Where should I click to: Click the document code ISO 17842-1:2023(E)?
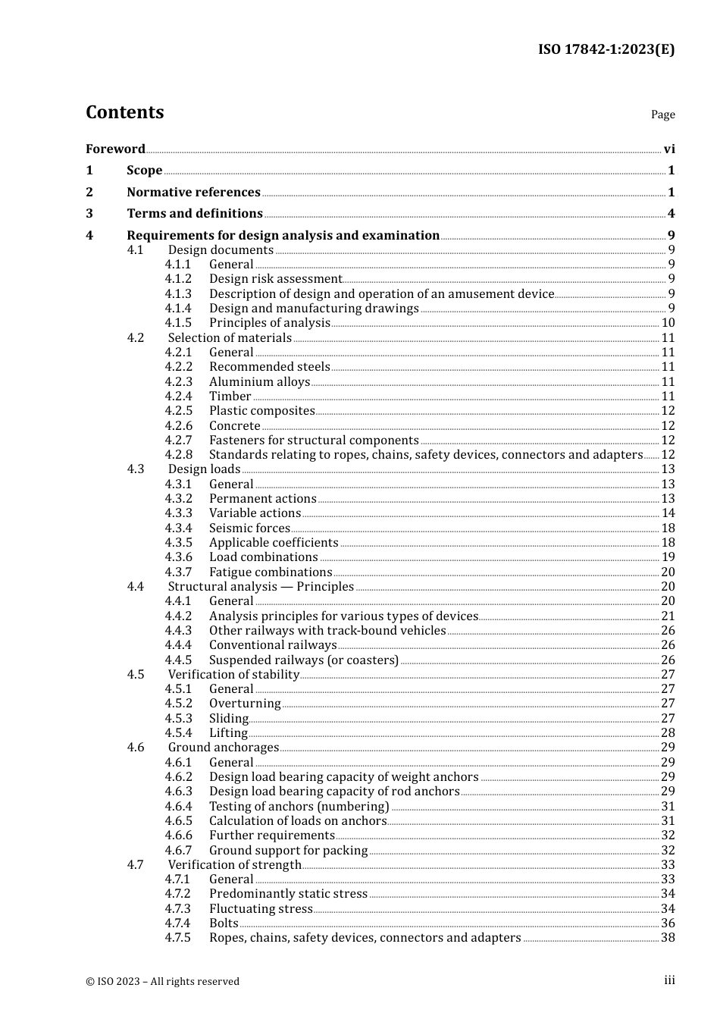tap(606, 49)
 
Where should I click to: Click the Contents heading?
tap(124, 112)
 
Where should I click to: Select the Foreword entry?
tap(115, 149)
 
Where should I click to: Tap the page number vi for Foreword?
tap(669, 149)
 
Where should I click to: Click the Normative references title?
tap(193, 193)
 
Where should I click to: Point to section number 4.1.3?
tap(178, 294)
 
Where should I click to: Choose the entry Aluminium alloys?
tap(259, 382)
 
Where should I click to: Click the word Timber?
tap(230, 397)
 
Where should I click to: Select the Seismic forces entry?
tap(249, 528)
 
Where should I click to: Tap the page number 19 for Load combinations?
tap(668, 557)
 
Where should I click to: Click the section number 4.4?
tap(135, 587)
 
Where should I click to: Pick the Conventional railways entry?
tap(273, 645)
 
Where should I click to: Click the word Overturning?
tap(245, 704)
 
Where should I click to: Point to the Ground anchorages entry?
tap(223, 748)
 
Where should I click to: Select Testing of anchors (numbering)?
tap(299, 807)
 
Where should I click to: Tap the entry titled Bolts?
tap(224, 923)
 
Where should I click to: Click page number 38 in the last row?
tap(668, 938)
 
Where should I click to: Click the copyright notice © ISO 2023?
tap(162, 982)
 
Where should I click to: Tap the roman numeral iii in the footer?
tap(669, 980)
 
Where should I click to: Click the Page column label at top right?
tap(662, 114)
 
